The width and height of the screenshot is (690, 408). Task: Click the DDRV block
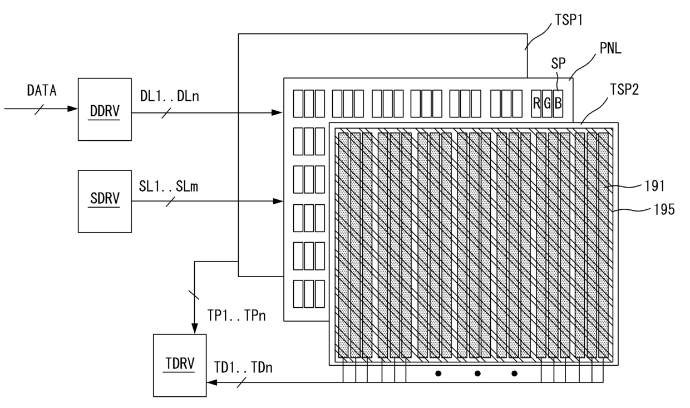[105, 110]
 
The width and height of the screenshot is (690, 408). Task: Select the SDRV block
[105, 201]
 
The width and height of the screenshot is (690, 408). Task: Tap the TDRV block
[180, 366]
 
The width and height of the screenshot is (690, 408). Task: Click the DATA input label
[42, 91]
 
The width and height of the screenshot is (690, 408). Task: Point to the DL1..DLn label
[169, 96]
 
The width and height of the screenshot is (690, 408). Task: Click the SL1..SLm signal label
[169, 186]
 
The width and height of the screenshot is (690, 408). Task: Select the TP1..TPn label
[236, 316]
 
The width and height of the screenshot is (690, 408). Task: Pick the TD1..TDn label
[243, 367]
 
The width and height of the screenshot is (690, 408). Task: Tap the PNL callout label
[610, 48]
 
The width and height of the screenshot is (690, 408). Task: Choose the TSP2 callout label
[624, 90]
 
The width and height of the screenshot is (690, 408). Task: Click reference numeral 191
[654, 186]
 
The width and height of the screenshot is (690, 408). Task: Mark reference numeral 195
[664, 209]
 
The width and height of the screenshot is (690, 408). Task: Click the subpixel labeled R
[536, 104]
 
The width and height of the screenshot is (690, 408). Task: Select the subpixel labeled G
[547, 104]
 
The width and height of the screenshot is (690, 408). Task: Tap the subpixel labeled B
[558, 104]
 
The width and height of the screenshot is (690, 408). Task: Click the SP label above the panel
[558, 63]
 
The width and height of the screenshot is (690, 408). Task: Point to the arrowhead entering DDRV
[73, 109]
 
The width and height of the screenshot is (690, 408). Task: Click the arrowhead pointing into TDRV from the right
[211, 382]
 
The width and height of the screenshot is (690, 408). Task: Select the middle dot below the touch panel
[477, 373]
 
